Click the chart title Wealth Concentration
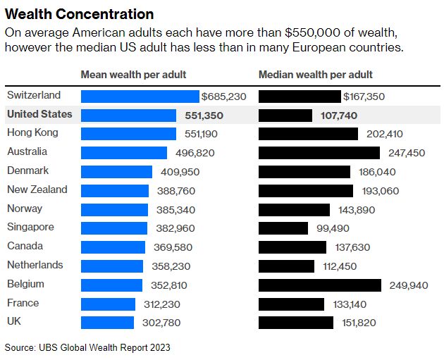coord(79,13)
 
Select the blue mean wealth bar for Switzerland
coord(140,96)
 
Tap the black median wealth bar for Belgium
coord(322,285)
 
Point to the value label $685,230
coord(223,97)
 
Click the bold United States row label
coord(39,114)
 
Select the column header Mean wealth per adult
coord(133,75)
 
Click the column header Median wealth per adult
coord(316,75)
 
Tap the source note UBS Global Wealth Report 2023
coord(87,347)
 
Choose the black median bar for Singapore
coord(283,228)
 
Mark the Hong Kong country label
coord(32,133)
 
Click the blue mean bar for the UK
coord(107,323)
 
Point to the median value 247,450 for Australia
coord(407,153)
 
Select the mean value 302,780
coord(161,323)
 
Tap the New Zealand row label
coord(37,190)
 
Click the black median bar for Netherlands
coord(286,266)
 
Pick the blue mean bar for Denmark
coord(116,171)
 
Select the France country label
coord(23,303)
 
